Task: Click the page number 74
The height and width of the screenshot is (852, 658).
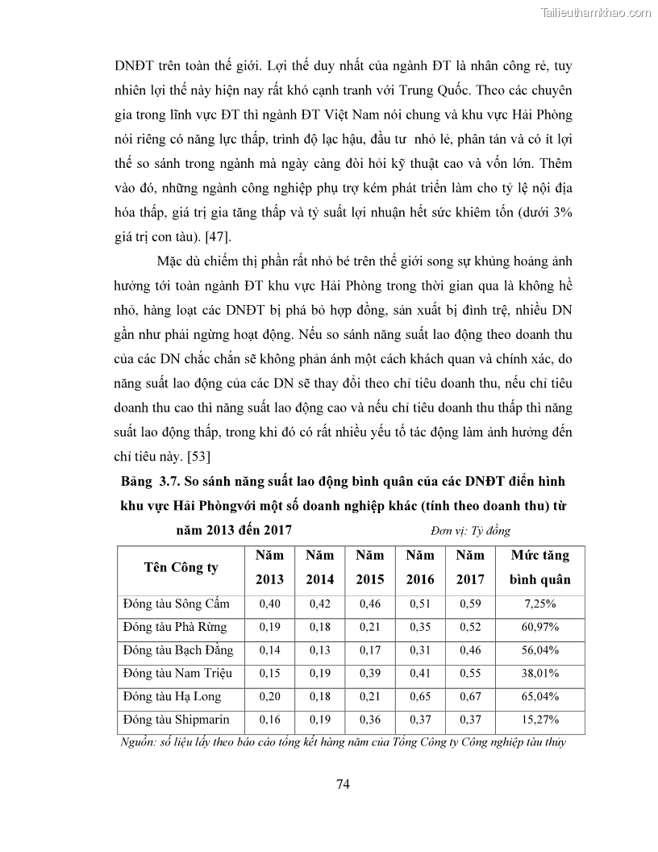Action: tap(341, 783)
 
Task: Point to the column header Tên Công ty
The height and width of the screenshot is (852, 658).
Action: tap(181, 567)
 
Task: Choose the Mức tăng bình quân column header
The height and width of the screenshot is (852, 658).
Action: tap(540, 567)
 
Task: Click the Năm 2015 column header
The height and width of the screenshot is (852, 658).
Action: tap(370, 567)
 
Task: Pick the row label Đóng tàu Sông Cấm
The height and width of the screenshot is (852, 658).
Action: tap(176, 603)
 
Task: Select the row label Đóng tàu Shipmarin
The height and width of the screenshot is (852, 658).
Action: tap(176, 719)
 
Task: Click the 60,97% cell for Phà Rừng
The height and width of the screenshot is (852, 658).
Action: tap(540, 627)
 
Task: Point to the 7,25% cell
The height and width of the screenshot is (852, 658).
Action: tap(540, 603)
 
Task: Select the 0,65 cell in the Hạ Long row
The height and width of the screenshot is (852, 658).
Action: tap(419, 696)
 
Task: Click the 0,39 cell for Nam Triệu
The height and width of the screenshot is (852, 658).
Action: tap(370, 673)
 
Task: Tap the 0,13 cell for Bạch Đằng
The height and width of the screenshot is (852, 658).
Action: tap(319, 649)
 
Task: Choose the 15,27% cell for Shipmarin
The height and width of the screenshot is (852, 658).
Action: tap(540, 719)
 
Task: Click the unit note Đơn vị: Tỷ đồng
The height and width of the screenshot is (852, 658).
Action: tap(470, 531)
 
